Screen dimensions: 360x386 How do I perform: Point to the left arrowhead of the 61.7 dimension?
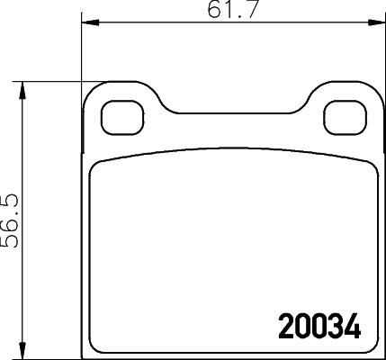[88, 22]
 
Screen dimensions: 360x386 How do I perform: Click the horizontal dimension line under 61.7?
[180, 22]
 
